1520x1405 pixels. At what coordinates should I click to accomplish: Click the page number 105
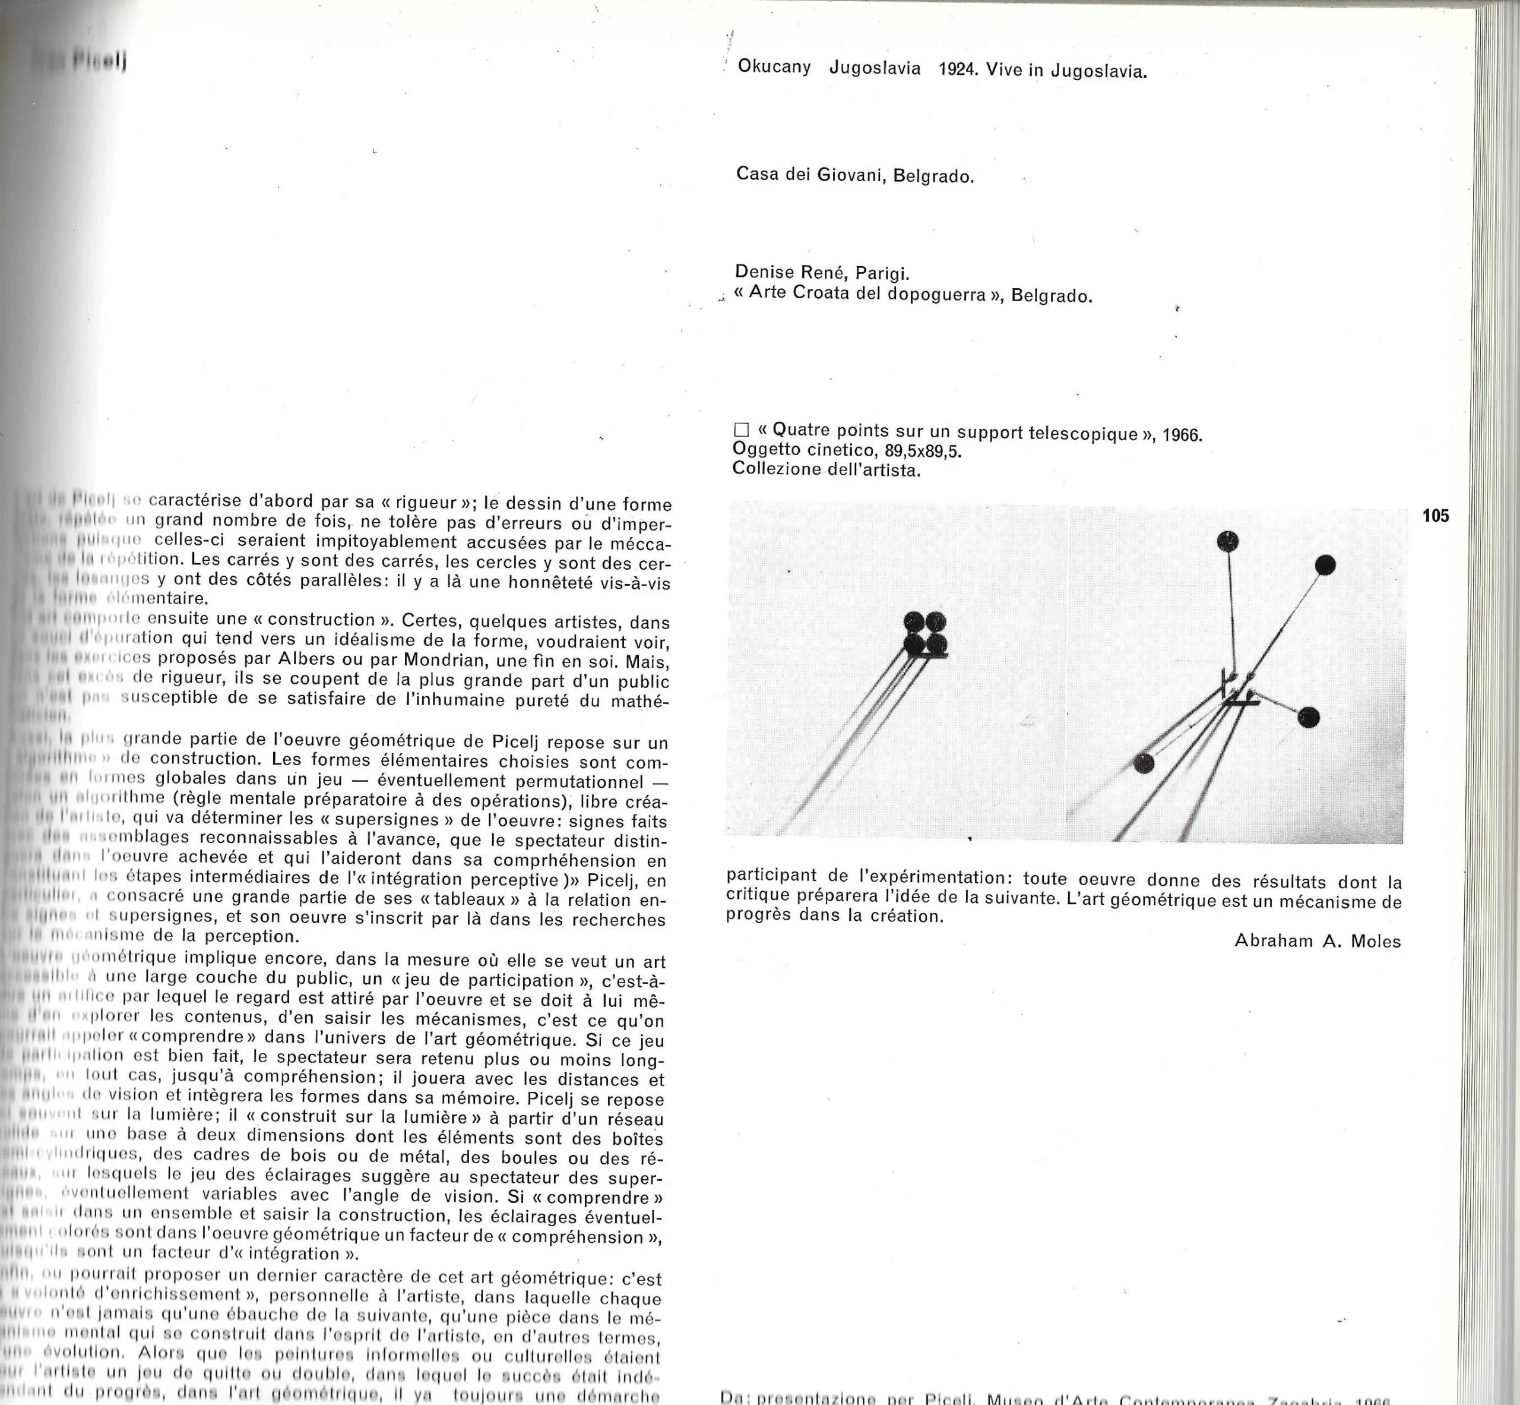pyautogui.click(x=1436, y=516)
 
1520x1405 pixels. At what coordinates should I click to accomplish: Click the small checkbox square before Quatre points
pyautogui.click(x=741, y=430)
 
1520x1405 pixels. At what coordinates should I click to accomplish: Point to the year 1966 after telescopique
pyautogui.click(x=1182, y=435)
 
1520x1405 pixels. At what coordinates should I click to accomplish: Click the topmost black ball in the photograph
pyautogui.click(x=1227, y=541)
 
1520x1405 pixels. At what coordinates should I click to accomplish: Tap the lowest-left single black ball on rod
pyautogui.click(x=1144, y=763)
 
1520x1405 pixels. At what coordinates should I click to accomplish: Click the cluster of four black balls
pyautogui.click(x=925, y=633)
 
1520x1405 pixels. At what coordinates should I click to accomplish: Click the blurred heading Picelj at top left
pyautogui.click(x=99, y=62)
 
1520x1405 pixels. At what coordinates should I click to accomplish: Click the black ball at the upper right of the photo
pyautogui.click(x=1325, y=565)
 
